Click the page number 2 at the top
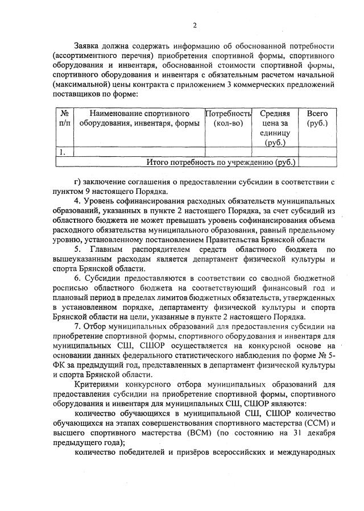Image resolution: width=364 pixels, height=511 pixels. point(195,24)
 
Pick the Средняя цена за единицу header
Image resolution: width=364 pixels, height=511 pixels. point(275,127)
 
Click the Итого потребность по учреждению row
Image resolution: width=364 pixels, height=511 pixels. point(221,162)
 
